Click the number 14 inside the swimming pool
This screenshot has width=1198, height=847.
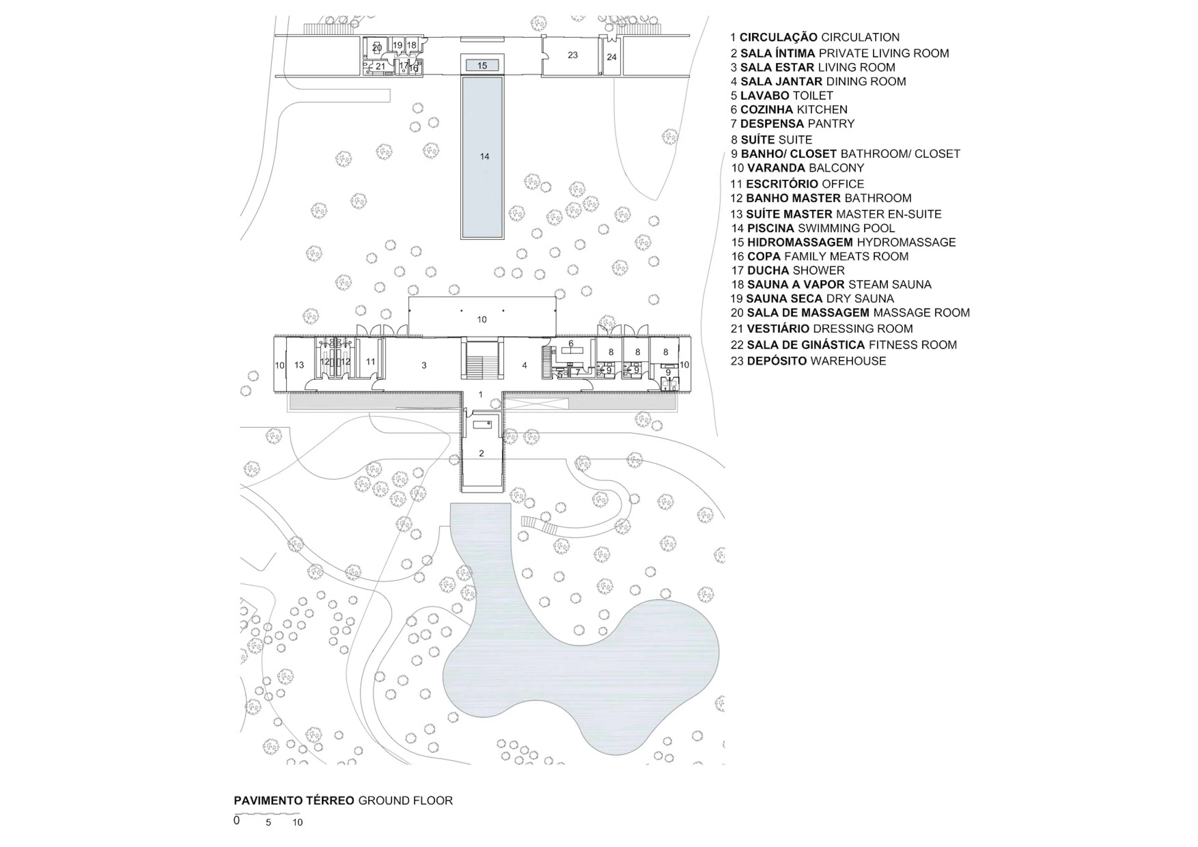pos(484,156)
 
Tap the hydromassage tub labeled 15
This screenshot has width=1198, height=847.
pos(482,66)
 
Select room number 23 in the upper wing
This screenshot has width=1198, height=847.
pos(572,55)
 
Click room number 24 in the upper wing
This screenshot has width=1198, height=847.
pos(611,57)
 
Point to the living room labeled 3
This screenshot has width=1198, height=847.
pos(424,365)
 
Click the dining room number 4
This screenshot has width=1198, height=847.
pos(524,365)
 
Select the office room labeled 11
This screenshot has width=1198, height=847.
pos(370,361)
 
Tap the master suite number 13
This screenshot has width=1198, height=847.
pos(299,365)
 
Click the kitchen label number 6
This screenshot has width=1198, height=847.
pos(571,343)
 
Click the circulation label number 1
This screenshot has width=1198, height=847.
pos(480,395)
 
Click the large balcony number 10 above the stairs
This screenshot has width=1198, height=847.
pos(482,319)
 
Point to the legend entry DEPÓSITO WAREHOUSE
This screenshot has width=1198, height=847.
pos(808,361)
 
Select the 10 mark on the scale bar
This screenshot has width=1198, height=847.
pos(297,822)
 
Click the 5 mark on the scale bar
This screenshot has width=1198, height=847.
pos(268,822)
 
